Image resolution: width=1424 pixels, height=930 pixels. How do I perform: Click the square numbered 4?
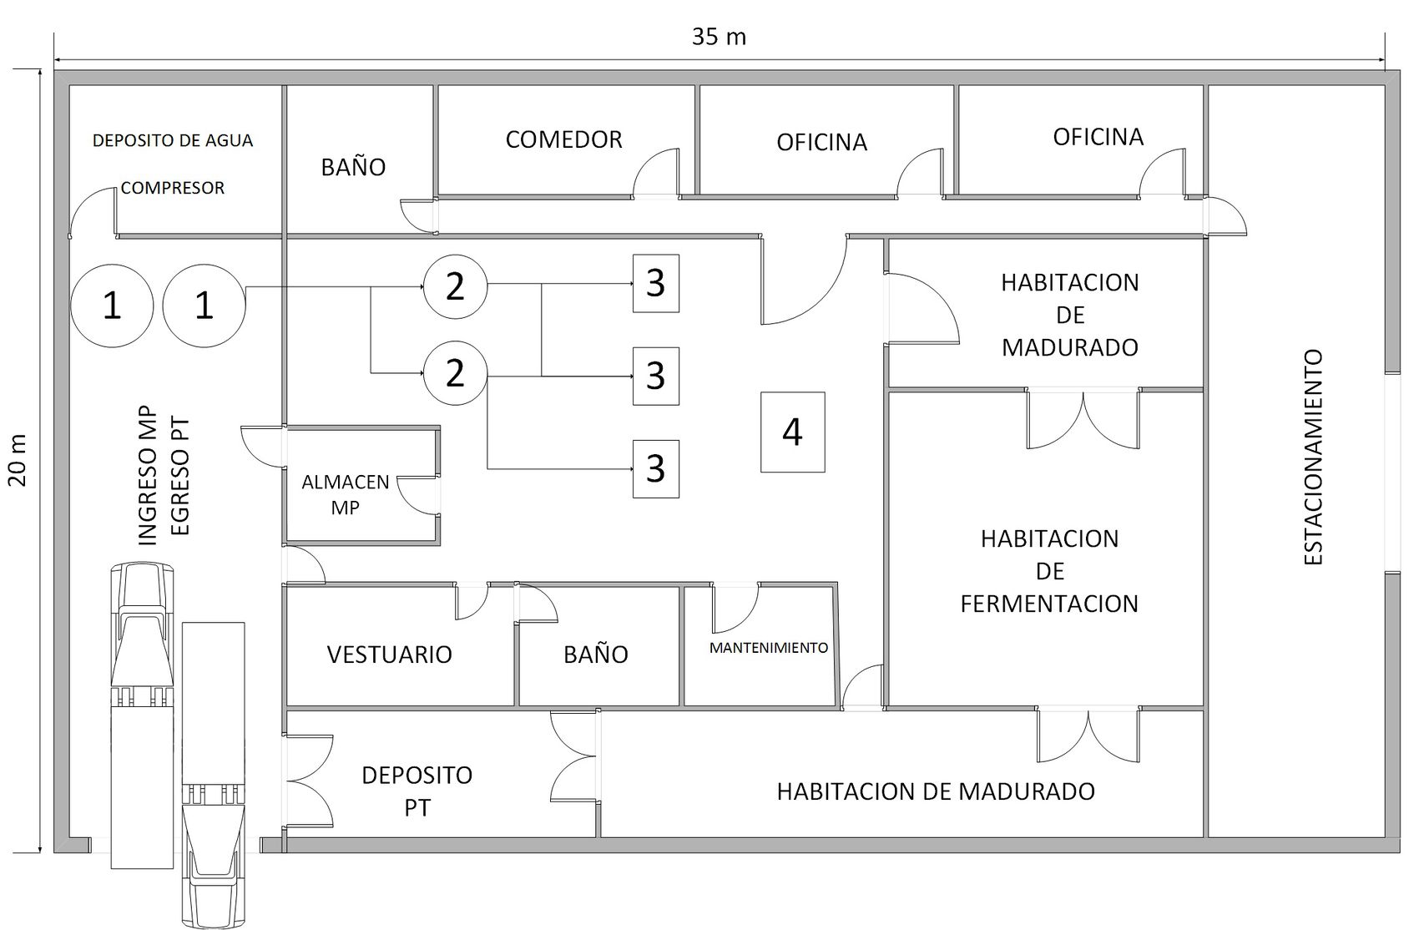(792, 432)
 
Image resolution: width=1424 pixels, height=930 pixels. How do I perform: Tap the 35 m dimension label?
(719, 37)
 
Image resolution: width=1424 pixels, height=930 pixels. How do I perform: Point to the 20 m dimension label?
(19, 459)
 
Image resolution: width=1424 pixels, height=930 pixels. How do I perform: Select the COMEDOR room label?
(563, 139)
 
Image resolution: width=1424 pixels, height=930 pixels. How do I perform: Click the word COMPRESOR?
(173, 188)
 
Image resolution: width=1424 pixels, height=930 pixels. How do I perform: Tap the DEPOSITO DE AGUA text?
(173, 140)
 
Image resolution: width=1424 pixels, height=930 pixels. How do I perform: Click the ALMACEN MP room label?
(345, 494)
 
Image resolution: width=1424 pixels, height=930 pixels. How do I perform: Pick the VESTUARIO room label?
(389, 654)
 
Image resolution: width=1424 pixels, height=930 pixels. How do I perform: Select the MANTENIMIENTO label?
(768, 648)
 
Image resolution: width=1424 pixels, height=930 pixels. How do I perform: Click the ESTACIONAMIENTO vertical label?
(1313, 457)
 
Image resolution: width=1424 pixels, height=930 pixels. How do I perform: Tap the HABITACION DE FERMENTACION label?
(1049, 571)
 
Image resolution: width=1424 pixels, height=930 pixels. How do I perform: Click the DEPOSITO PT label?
(417, 791)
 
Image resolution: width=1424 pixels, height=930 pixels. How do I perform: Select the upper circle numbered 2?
(455, 286)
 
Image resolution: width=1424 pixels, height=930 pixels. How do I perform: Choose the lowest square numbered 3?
(655, 468)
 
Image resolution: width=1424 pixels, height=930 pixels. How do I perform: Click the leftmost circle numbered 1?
(111, 306)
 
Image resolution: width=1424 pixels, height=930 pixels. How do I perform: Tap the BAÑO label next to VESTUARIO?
(595, 654)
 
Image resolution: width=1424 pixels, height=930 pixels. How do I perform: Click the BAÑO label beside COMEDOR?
(353, 167)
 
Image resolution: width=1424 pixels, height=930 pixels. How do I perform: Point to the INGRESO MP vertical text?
(147, 476)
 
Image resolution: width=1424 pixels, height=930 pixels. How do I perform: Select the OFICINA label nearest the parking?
(1098, 137)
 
